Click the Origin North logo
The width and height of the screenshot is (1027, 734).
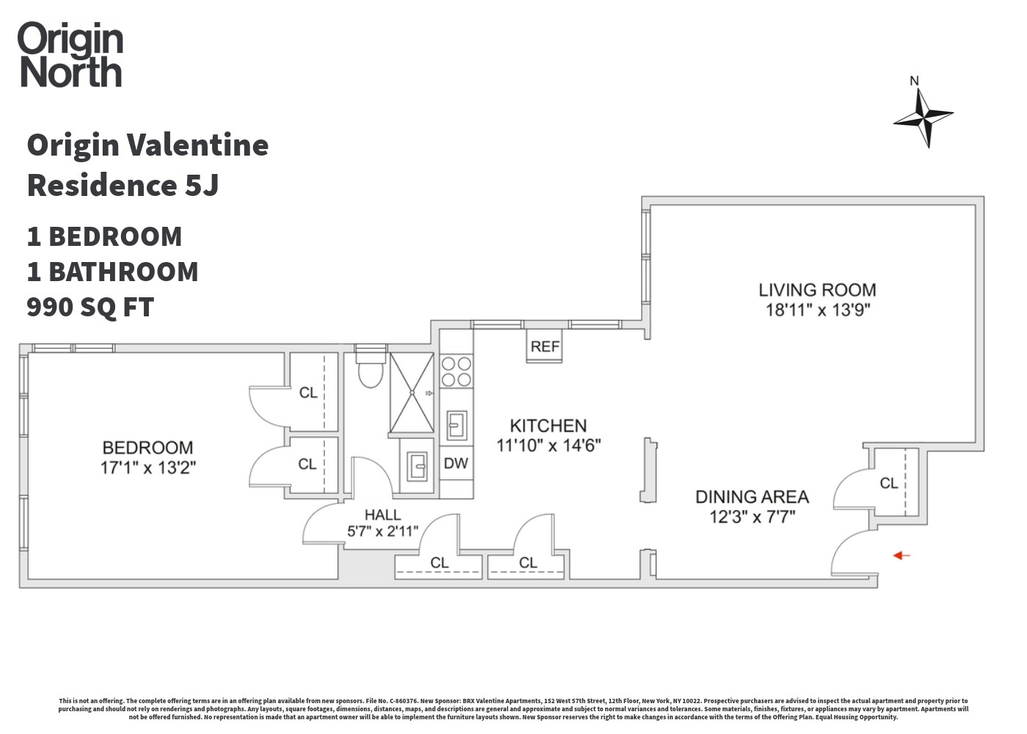coord(70,55)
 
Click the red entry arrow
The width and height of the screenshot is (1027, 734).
coord(901,556)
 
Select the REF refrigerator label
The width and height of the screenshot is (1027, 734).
coord(544,346)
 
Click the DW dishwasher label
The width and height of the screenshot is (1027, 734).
coord(456,463)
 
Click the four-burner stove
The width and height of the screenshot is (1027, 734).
coord(456,371)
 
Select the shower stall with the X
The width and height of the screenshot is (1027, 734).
coord(412,393)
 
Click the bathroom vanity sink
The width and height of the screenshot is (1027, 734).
coord(417,466)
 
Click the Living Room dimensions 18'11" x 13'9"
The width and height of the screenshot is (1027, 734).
coord(817,310)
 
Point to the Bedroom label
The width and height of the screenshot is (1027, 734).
coord(147,448)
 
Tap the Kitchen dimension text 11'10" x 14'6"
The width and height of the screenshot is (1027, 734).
coord(548,445)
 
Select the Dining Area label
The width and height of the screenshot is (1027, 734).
coord(752,497)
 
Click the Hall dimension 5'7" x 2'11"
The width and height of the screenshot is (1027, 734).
coord(382,531)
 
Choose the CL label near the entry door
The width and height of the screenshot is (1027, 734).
coord(888,483)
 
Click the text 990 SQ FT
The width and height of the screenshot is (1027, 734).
coord(90,307)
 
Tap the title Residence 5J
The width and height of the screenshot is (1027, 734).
coord(123,185)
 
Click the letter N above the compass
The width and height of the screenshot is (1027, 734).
coord(914,81)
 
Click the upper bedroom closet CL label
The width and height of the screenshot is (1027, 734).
coord(308,393)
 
